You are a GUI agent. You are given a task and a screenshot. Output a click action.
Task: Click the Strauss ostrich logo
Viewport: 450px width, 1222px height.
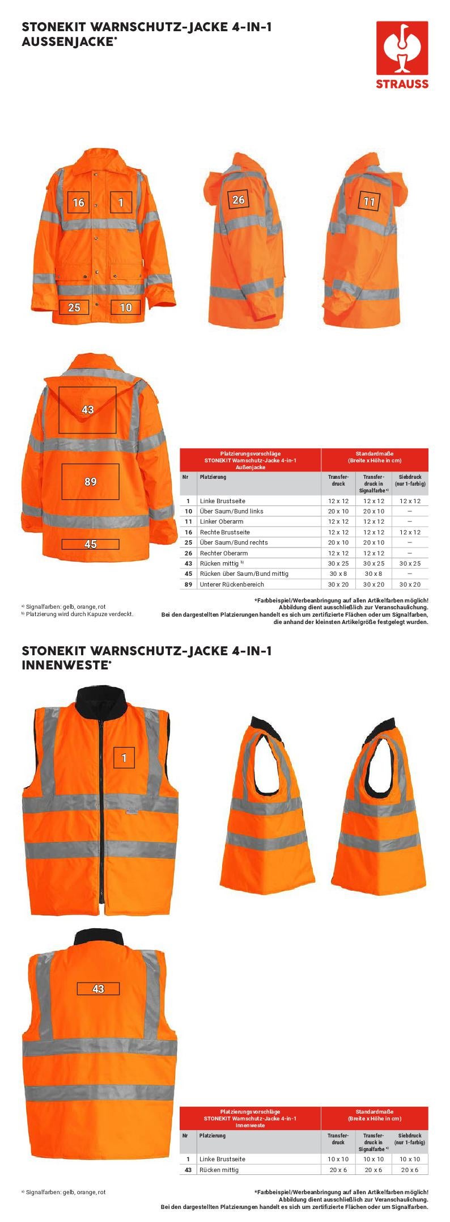pos(402,49)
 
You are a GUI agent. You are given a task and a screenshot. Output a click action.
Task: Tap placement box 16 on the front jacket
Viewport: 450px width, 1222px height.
pos(78,202)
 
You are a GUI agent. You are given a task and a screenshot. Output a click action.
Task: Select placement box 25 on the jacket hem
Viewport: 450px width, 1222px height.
pos(74,307)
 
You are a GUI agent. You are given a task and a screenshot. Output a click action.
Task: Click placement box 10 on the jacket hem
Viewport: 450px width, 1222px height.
pos(126,307)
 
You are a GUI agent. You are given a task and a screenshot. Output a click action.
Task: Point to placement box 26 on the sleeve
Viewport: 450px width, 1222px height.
pos(239,199)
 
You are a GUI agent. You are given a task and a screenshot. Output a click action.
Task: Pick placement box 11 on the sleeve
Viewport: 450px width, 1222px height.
pos(369,201)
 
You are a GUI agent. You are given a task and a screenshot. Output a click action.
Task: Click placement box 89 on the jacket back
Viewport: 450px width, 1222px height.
pos(90,482)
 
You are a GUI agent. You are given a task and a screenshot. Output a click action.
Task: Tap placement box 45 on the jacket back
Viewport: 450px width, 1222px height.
pos(90,544)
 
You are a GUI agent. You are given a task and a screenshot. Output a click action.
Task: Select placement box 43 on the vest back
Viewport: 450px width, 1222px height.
pos(98,989)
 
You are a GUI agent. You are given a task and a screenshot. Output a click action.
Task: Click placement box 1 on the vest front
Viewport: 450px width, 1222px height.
pos(124,757)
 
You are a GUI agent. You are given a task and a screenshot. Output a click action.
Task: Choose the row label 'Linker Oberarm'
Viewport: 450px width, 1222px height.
pos(222,521)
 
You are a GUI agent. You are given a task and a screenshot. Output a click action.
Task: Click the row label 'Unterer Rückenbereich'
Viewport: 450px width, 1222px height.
pos(232,584)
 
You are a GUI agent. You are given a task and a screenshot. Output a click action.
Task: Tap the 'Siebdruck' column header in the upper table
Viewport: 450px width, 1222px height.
pos(410,481)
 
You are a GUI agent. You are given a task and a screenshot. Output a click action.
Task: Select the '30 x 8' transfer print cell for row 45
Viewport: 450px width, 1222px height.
pos(338,574)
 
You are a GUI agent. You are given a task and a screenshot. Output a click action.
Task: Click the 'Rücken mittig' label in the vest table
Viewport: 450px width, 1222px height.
pos(219,1170)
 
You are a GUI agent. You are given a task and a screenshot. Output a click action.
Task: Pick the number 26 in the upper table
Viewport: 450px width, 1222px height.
pos(188,553)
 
